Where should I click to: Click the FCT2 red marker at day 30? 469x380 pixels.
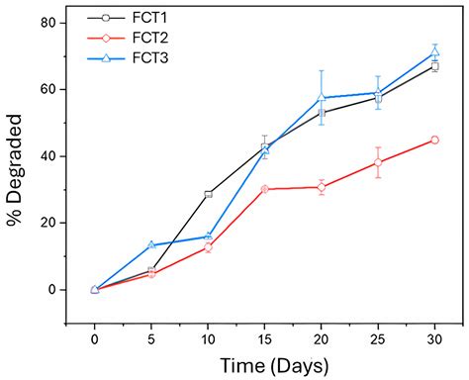coord(435,140)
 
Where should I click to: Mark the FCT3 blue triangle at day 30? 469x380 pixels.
coord(435,52)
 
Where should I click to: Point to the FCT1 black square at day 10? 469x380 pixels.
coord(208,194)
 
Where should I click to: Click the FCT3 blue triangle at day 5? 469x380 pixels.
coord(151,245)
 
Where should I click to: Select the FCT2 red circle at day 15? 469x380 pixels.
coord(264,189)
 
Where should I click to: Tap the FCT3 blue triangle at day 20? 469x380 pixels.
coord(322,97)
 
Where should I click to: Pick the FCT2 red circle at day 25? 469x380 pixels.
coord(378,162)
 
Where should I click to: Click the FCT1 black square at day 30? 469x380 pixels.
coord(435,66)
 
